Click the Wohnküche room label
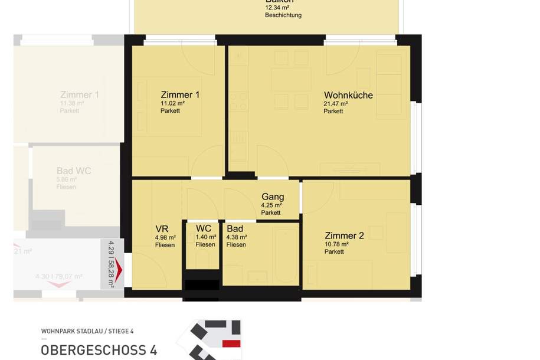pos(348,95)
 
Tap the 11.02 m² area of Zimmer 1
pos(172,103)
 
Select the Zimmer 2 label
pos(344,235)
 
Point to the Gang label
pos(273,197)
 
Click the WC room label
pos(204,229)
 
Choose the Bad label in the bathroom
pos(234,229)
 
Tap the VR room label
pos(162,229)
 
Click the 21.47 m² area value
pos(335,103)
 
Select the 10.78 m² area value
pos(336,244)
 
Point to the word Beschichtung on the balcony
pos(283,15)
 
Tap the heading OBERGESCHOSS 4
pos(99,350)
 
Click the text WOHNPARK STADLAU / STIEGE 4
pos(87,331)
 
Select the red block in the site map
pos(231,343)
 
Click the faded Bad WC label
pos(74,171)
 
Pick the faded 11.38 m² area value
pos(71,103)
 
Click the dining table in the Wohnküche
pos(291,79)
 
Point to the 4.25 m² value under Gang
pos(271,205)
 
